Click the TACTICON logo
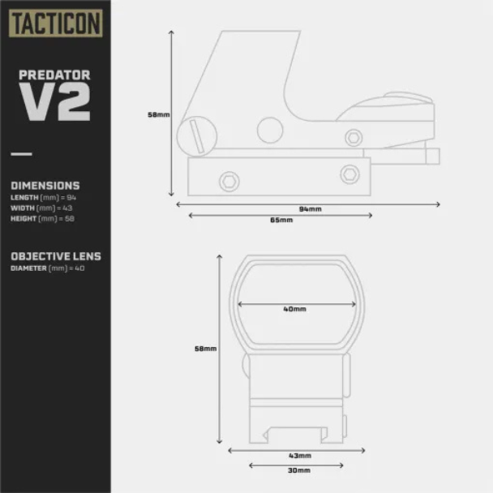(x=56, y=24)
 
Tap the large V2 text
(x=54, y=101)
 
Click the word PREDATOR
(x=54, y=75)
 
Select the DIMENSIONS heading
(x=45, y=186)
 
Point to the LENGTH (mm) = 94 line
(x=44, y=198)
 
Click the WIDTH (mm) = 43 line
(x=41, y=208)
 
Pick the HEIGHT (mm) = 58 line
(x=42, y=218)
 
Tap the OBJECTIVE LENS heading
(x=56, y=256)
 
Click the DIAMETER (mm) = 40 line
(x=48, y=268)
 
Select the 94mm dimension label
(x=310, y=209)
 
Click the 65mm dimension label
(x=281, y=220)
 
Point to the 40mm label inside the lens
(x=294, y=309)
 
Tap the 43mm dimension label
(x=300, y=456)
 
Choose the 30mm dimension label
(x=299, y=470)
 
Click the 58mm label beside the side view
(x=159, y=115)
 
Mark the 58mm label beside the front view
(x=206, y=349)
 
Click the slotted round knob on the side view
(x=197, y=136)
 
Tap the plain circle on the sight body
(x=270, y=131)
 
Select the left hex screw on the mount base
(x=229, y=182)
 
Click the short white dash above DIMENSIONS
(x=21, y=154)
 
